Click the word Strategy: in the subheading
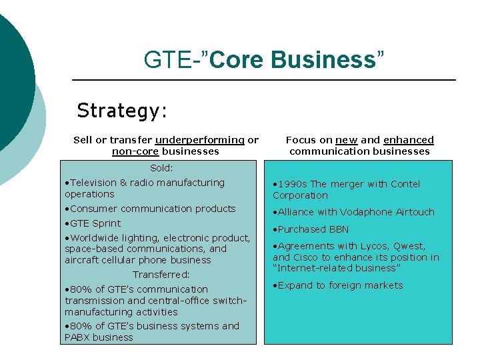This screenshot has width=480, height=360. point(122,110)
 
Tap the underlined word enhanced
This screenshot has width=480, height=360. point(409,140)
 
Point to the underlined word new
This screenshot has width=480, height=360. point(347,140)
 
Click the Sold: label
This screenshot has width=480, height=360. point(161,168)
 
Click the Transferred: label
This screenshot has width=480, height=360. point(161,275)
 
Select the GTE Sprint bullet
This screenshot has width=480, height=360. point(95,223)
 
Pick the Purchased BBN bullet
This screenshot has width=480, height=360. point(313,229)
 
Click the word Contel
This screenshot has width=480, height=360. point(405,184)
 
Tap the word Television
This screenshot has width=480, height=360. point(93,183)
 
